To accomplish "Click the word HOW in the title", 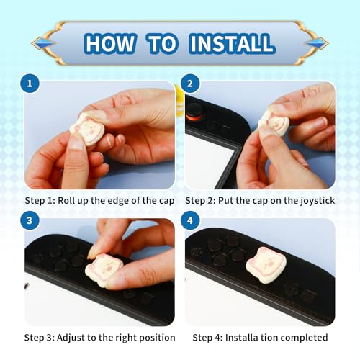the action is pos(110,43).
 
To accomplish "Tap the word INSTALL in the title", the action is pos(232,43).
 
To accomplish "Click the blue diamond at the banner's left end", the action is pos(42,43).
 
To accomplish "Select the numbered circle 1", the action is pos(30,84).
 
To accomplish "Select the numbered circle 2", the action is pos(190,84).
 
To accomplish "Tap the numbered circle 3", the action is pos(30,220).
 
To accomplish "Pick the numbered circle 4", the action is pos(190,220).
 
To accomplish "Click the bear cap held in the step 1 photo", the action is pos(88,129).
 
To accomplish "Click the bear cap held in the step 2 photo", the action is pos(274,123).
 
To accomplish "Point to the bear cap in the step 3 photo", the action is pos(104,269).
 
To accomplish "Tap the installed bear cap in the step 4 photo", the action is pos(266,262).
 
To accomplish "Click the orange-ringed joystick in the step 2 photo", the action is pos(194,112).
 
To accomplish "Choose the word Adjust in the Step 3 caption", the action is pos(71,338).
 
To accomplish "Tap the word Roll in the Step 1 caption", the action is pos(66,200).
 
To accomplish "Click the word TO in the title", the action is pos(163,43).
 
